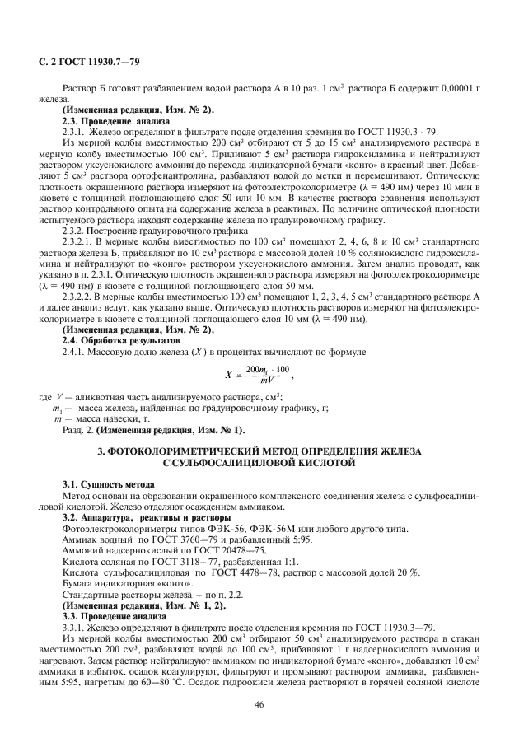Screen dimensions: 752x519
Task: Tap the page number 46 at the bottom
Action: point(259,704)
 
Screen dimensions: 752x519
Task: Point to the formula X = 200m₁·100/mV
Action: point(259,374)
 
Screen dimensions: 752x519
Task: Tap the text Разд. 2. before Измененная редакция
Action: point(78,430)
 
